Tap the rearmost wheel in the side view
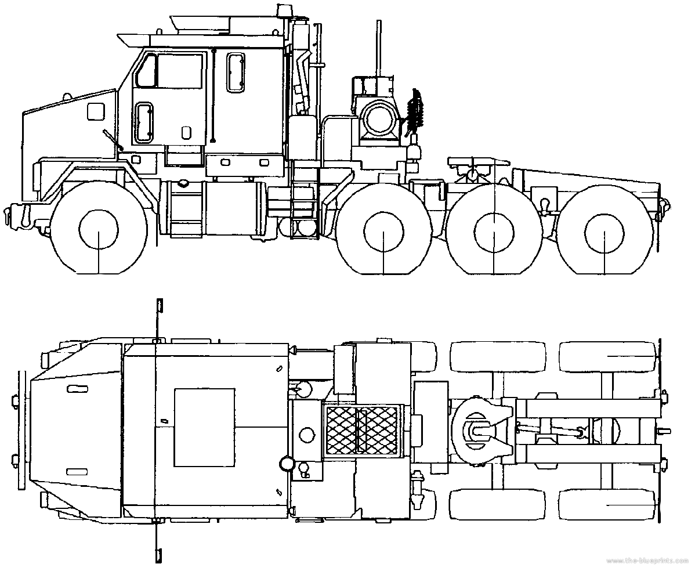[x=604, y=230]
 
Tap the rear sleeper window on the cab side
[x=235, y=73]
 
